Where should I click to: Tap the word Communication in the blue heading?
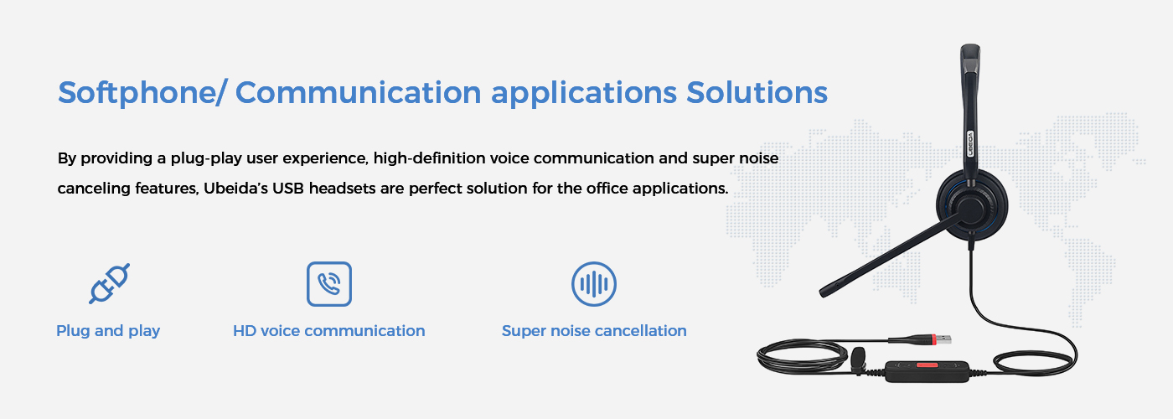(359, 93)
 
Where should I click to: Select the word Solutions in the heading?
(757, 93)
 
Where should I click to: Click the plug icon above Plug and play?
(109, 283)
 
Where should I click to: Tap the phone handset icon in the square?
(329, 284)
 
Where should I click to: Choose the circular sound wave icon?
(594, 284)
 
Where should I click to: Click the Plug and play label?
(108, 331)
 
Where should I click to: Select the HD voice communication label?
(328, 331)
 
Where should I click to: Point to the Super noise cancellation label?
(594, 331)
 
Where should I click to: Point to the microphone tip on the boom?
(826, 292)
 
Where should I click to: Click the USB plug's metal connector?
(942, 339)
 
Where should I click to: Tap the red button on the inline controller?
(927, 365)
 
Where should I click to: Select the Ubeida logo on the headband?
(969, 142)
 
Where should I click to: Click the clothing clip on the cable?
(857, 361)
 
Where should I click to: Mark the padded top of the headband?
(970, 58)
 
